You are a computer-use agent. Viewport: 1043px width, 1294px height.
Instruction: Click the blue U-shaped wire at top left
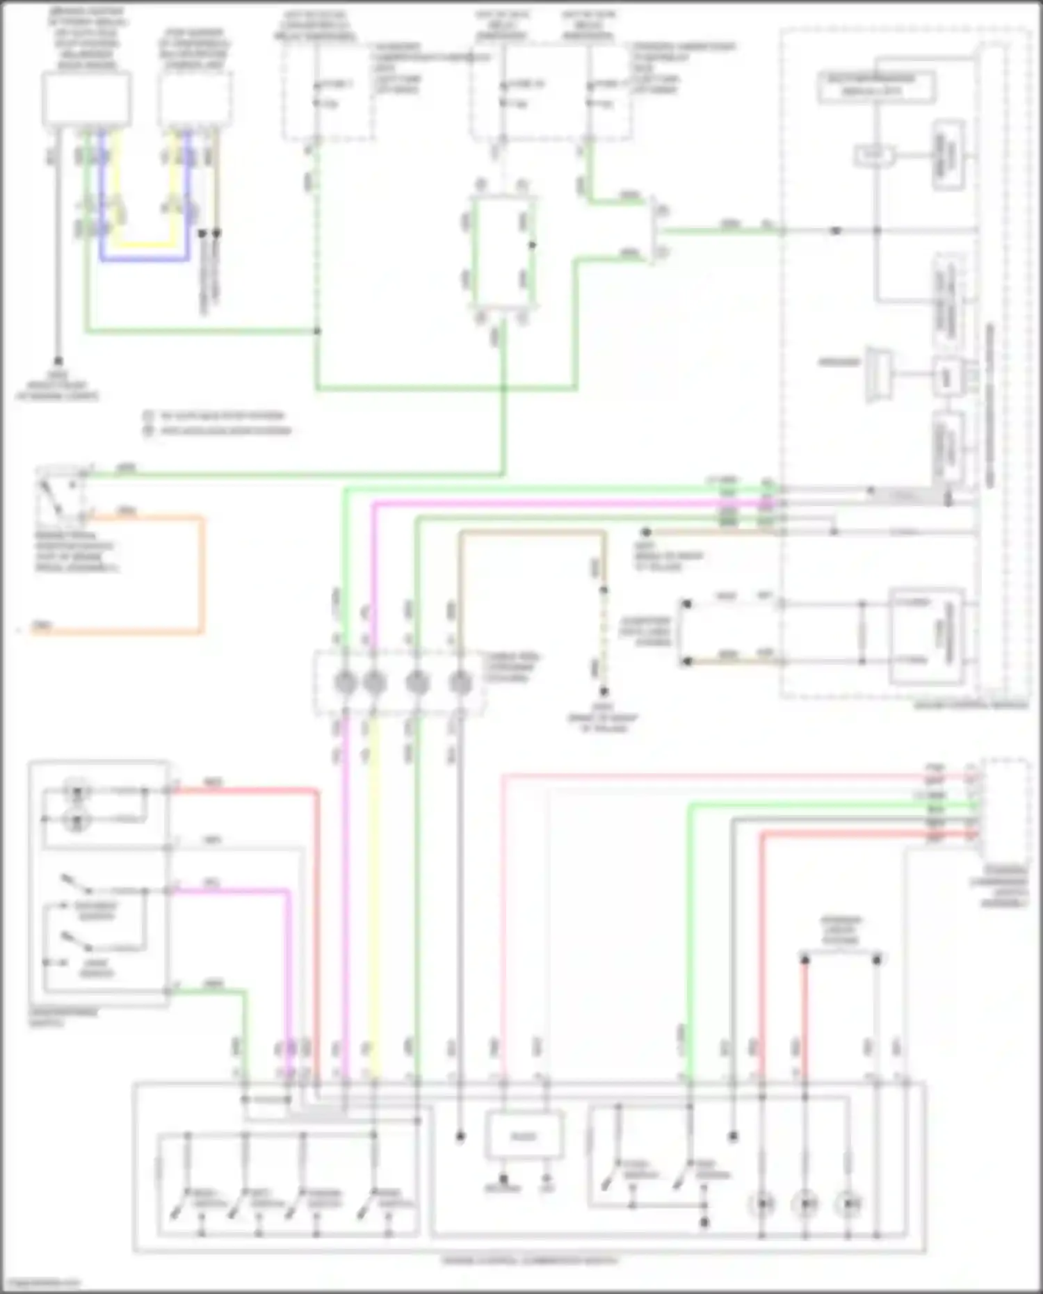coord(145,259)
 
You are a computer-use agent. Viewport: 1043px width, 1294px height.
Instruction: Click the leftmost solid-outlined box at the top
coord(86,100)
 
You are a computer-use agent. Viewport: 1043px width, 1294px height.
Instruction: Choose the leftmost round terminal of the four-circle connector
coord(345,683)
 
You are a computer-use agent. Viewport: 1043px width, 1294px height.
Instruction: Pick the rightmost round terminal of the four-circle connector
coord(460,683)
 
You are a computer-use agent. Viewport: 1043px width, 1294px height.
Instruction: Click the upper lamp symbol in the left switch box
coord(76,791)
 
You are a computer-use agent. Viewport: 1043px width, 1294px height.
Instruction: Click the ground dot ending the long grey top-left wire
coord(58,361)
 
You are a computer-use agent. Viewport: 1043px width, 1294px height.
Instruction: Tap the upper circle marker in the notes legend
coord(148,416)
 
